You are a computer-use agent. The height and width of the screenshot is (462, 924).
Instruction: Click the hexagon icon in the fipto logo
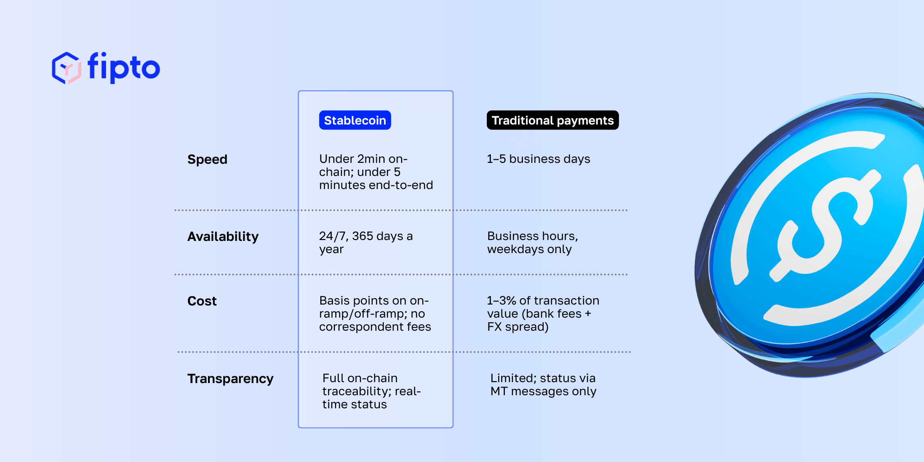pyautogui.click(x=66, y=68)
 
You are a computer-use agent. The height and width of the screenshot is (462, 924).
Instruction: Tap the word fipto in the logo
pyautogui.click(x=124, y=68)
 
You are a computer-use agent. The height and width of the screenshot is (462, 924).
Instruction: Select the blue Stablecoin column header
pyautogui.click(x=355, y=120)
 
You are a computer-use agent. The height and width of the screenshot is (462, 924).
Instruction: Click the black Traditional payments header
pyautogui.click(x=552, y=120)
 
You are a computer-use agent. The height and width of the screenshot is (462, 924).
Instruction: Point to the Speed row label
pyautogui.click(x=207, y=159)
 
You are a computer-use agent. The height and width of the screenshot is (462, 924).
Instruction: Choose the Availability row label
pyautogui.click(x=223, y=236)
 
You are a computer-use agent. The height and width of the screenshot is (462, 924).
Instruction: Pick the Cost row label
pyautogui.click(x=202, y=301)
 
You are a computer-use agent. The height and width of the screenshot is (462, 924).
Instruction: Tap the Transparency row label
pyautogui.click(x=230, y=379)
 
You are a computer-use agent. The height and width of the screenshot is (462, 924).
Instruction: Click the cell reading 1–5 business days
pyautogui.click(x=538, y=159)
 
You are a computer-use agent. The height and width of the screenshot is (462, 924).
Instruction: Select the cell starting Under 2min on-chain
pyautogui.click(x=375, y=172)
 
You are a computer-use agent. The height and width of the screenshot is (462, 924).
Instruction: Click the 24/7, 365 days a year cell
pyautogui.click(x=365, y=242)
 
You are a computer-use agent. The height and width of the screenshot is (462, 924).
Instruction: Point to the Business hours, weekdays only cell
pyautogui.click(x=532, y=242)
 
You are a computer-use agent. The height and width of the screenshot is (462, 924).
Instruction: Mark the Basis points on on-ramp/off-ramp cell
pyautogui.click(x=374, y=314)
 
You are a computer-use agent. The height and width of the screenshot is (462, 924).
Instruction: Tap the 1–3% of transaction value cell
pyautogui.click(x=543, y=314)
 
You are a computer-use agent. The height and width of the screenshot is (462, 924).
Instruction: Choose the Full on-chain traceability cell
pyautogui.click(x=371, y=391)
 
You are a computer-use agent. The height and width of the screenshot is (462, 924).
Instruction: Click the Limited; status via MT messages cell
pyautogui.click(x=543, y=385)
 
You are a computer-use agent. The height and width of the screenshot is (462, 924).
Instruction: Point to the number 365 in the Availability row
pyautogui.click(x=362, y=236)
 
